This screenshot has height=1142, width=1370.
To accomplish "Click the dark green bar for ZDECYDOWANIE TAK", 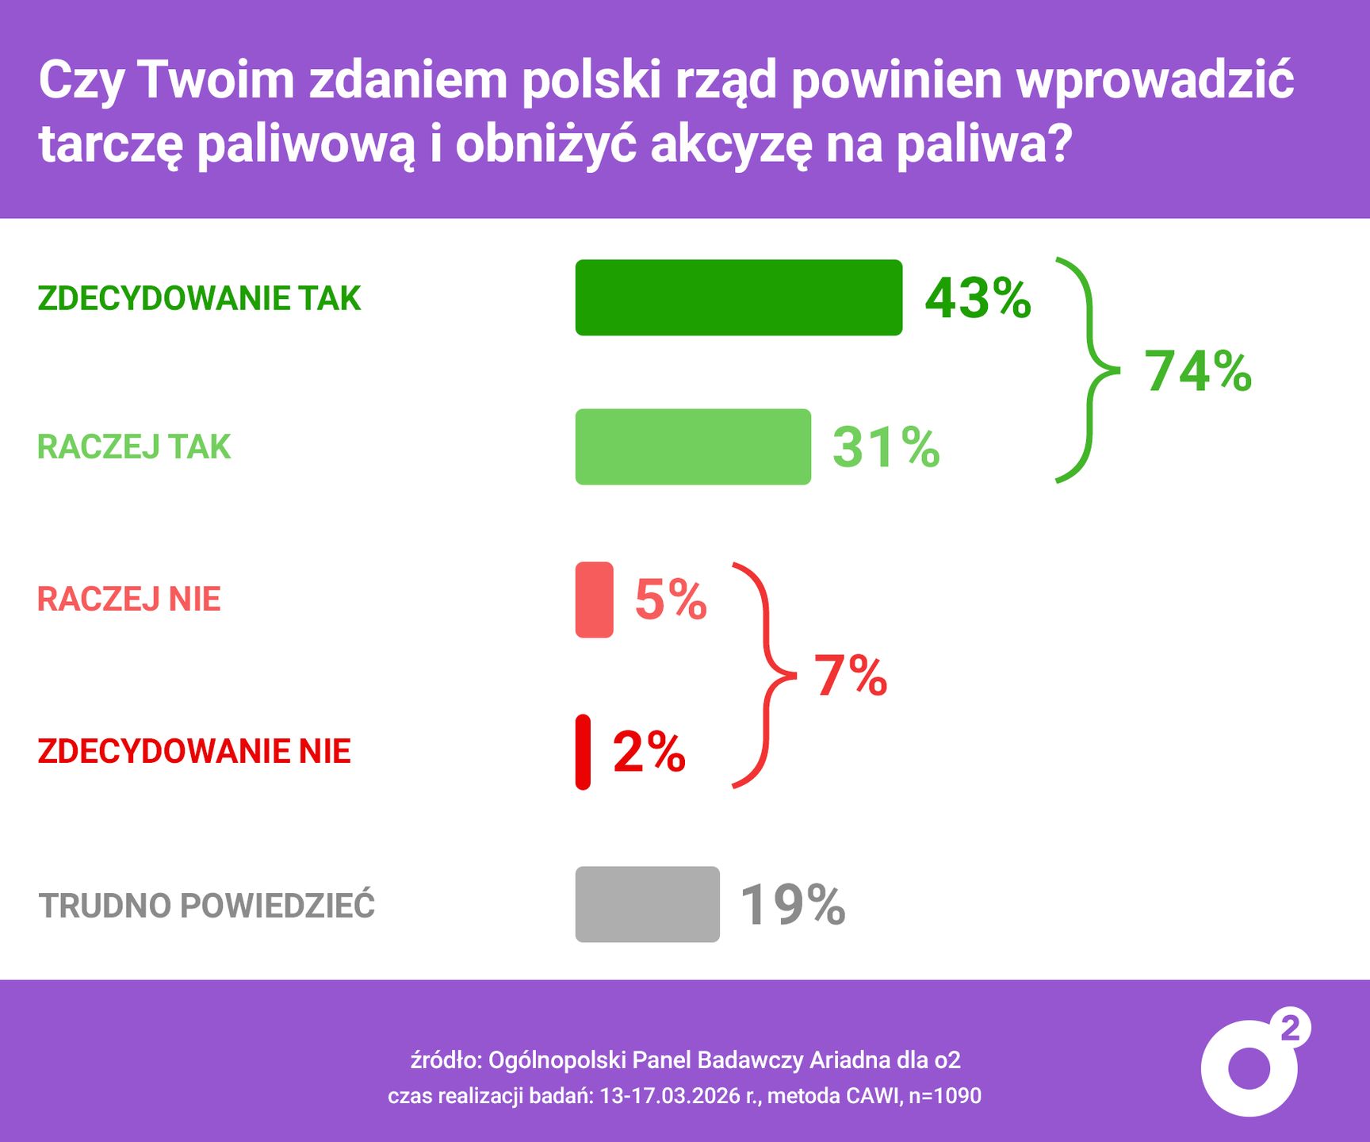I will click(x=738, y=297).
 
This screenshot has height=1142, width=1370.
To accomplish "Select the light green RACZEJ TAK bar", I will click(x=693, y=446).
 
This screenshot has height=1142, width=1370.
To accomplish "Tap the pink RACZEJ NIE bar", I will click(x=594, y=600).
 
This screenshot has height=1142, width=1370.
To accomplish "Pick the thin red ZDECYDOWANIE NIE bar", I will click(x=583, y=752).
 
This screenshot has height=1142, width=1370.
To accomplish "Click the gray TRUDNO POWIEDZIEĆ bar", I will click(x=647, y=904).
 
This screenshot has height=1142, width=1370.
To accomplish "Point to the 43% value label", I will click(x=978, y=298).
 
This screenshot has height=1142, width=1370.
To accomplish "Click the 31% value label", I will click(x=886, y=447).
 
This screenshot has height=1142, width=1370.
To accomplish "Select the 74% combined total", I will click(x=1197, y=371).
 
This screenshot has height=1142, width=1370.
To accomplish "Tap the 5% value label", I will click(x=670, y=600).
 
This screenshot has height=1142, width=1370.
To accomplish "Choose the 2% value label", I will click(x=649, y=752).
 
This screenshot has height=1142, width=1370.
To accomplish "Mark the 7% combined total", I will click(x=851, y=676).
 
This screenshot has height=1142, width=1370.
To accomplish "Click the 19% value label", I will click(x=793, y=904).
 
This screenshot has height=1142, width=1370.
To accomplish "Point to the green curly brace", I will click(x=1088, y=370).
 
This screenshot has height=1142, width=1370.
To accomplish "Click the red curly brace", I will click(x=763, y=676).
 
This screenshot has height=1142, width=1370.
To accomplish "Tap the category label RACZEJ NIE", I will click(x=129, y=600).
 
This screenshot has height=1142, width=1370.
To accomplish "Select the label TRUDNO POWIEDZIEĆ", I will click(x=207, y=906).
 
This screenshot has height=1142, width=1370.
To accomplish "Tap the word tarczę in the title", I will click(x=111, y=146).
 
